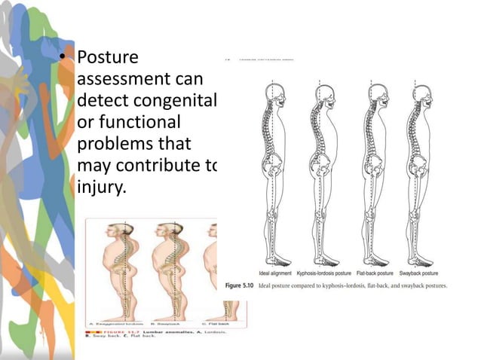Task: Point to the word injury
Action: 100,185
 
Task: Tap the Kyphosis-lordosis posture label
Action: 320,273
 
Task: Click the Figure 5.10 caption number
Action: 240,285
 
